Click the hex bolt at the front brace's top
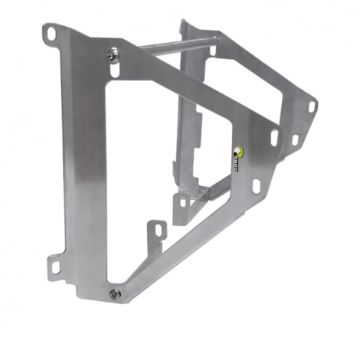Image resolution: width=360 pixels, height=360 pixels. click(114, 54)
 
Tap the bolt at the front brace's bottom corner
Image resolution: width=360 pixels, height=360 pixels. click(115, 293)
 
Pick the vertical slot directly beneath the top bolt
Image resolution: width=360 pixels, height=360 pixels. click(114, 70)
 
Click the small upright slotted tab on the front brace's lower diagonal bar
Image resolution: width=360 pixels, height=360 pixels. click(159, 230)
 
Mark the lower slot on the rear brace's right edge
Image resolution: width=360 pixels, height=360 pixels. click(295, 140)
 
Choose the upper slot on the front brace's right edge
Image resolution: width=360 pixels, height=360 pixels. click(274, 137)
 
